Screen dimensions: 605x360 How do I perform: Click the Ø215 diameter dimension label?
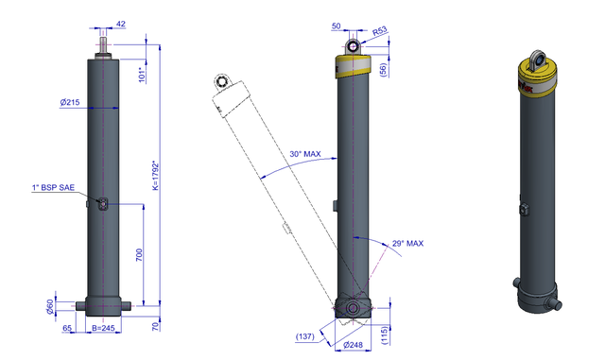70,102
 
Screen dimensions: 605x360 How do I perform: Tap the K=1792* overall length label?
155,176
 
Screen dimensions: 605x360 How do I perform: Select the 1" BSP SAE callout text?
53,187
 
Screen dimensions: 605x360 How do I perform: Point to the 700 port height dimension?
139,255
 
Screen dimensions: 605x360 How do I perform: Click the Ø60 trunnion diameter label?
50,306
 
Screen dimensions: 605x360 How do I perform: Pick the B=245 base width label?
103,328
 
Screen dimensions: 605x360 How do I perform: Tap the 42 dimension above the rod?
121,24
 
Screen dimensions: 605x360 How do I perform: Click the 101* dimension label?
142,75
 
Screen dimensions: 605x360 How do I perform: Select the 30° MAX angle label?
305,154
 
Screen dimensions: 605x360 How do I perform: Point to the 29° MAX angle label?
407,244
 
